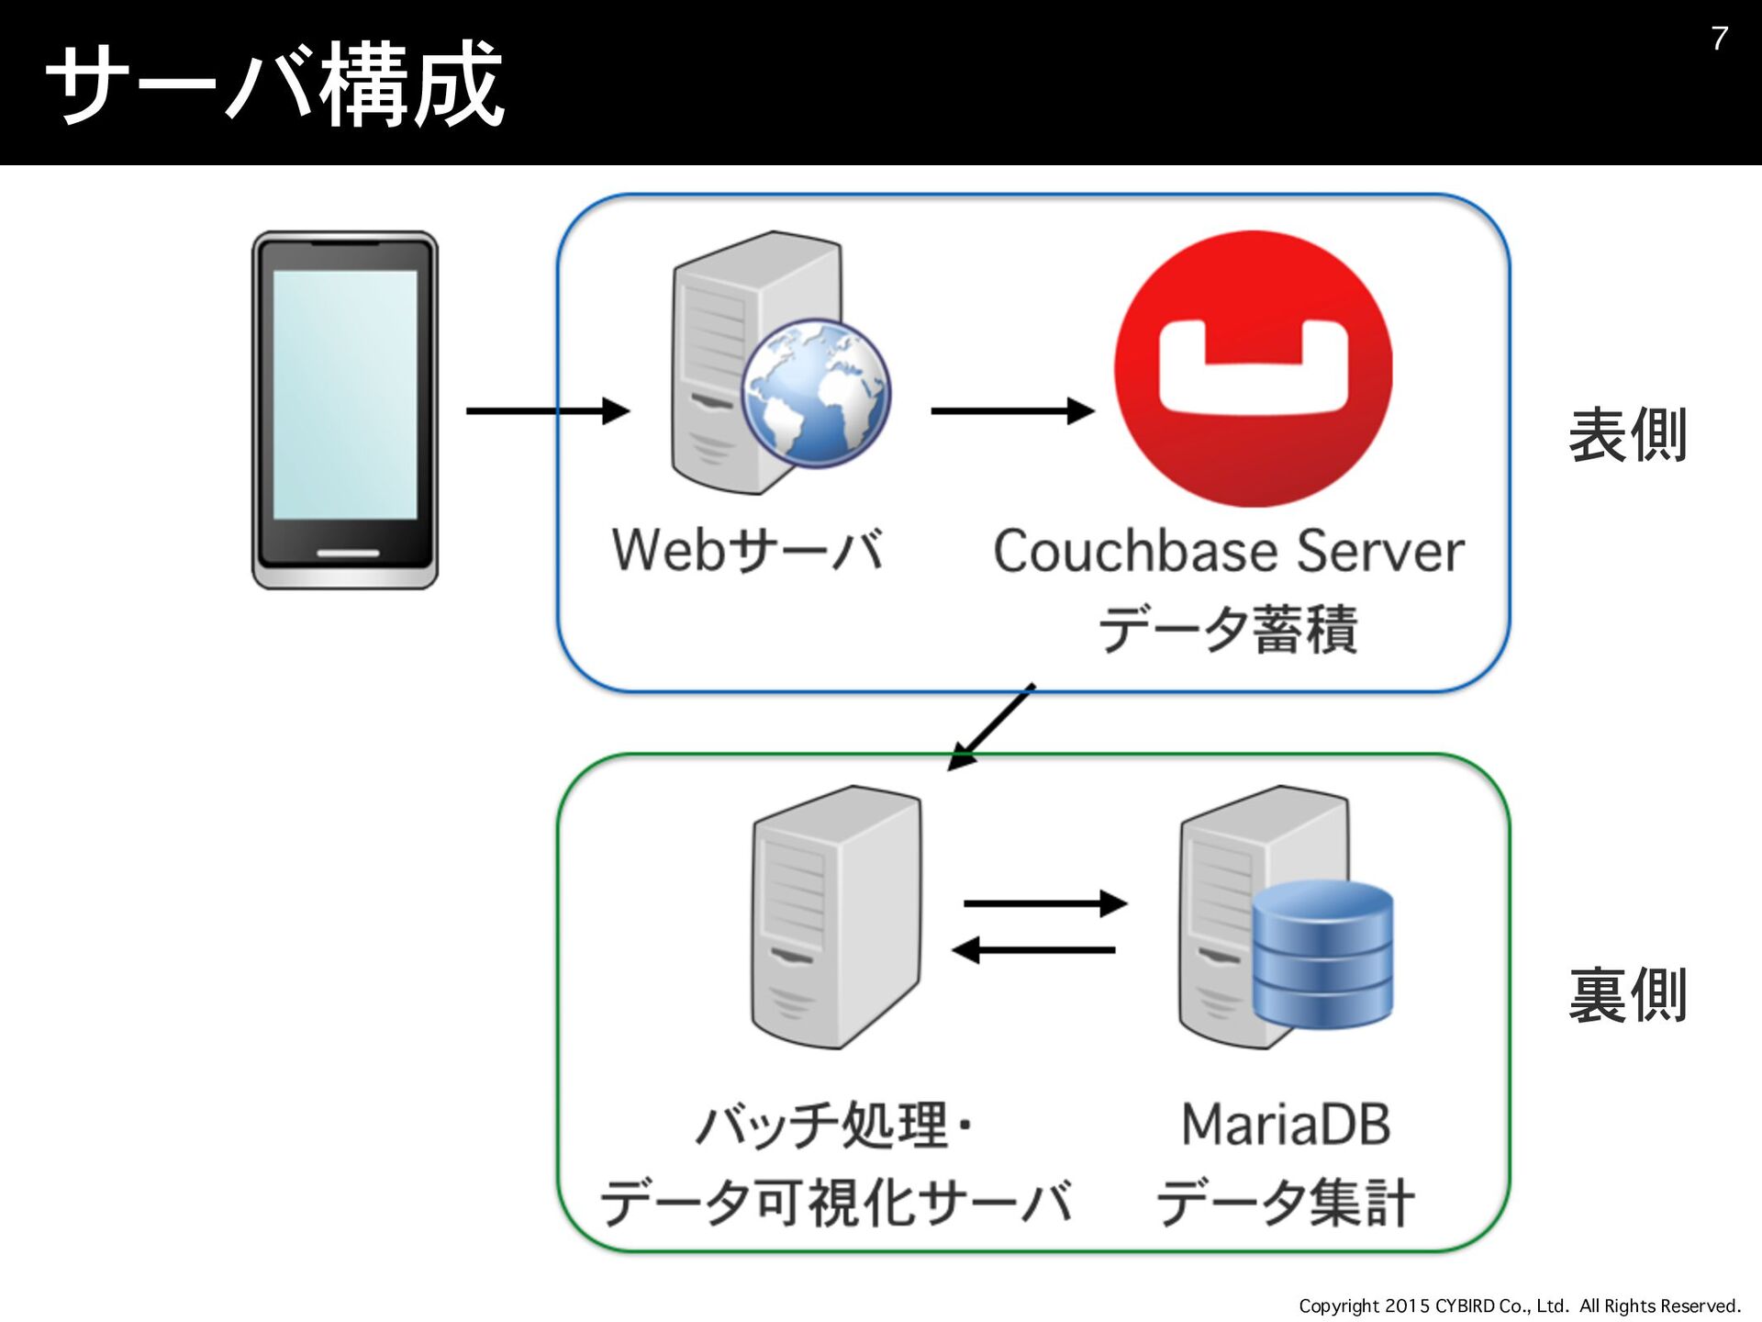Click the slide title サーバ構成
tap(275, 84)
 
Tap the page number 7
tap(1719, 39)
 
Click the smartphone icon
tap(345, 409)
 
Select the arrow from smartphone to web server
tap(548, 410)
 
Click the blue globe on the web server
tap(816, 393)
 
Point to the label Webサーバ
tap(748, 550)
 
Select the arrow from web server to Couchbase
tap(1013, 410)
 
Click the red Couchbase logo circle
tap(1253, 368)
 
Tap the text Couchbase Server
tap(1229, 551)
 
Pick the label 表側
tap(1627, 435)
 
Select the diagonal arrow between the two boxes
tap(991, 726)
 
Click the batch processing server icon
tap(835, 916)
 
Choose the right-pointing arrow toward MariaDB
tap(1045, 903)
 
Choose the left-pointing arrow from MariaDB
tap(1033, 950)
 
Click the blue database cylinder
tap(1322, 954)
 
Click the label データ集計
tap(1285, 1202)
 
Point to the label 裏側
tap(1627, 995)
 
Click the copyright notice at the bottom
tap(1520, 1305)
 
